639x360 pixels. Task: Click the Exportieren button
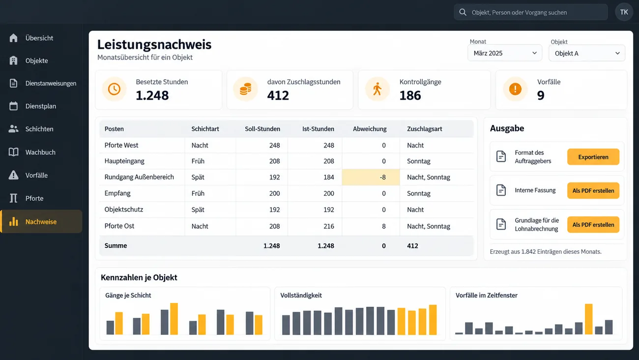coord(593,157)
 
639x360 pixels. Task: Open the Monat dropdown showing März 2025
coord(505,53)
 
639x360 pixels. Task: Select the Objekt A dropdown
coord(587,53)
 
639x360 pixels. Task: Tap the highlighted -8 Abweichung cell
coord(371,177)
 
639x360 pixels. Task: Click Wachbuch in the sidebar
coord(40,152)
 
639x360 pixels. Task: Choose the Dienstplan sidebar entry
coord(40,106)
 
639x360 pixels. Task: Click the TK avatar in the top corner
coord(624,12)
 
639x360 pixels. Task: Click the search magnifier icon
coord(463,12)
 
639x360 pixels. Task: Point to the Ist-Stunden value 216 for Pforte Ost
coord(329,226)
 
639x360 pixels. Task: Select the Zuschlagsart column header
coord(425,129)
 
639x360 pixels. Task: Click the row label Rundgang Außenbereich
coord(139,177)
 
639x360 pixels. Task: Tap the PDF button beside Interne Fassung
coord(593,190)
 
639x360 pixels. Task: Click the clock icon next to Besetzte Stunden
coord(114,89)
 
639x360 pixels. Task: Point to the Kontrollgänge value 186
coord(410,95)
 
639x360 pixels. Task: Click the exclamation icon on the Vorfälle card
coord(515,89)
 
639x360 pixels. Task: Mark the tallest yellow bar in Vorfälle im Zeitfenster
coord(588,319)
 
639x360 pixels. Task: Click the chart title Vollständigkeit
coord(301,295)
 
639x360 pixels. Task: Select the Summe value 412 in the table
coord(412,245)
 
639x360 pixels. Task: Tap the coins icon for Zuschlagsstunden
coord(245,89)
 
